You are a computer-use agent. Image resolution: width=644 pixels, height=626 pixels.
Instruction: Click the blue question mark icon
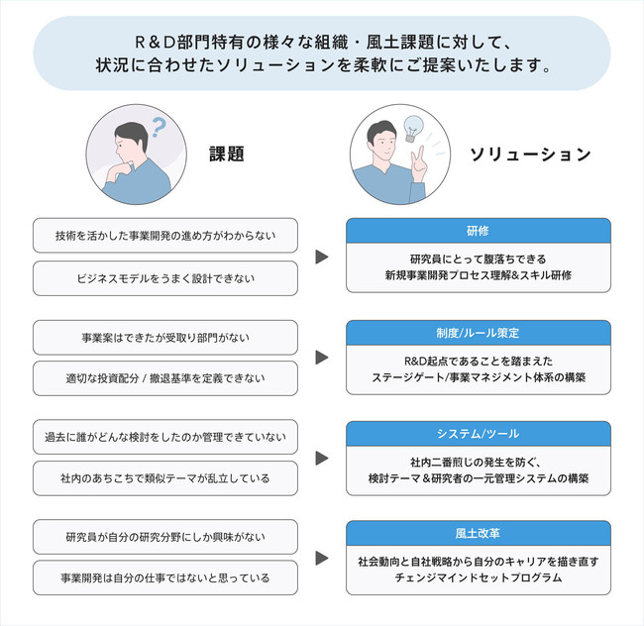(159, 127)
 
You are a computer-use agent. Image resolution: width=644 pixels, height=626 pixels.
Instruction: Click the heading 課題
(227, 154)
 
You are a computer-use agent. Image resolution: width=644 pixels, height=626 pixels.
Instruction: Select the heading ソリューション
(530, 155)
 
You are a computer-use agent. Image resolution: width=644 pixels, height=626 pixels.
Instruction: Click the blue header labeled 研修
(479, 231)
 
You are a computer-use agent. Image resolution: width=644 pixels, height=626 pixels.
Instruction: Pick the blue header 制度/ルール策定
(479, 333)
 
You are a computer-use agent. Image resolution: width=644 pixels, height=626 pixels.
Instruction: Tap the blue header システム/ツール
(479, 434)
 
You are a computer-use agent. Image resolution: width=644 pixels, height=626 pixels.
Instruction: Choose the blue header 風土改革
(479, 533)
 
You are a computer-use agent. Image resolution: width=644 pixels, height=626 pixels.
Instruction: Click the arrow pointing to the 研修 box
(322, 257)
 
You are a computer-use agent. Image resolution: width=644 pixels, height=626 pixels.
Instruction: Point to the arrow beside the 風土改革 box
(322, 558)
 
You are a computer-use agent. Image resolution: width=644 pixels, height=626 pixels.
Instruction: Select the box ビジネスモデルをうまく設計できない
(165, 278)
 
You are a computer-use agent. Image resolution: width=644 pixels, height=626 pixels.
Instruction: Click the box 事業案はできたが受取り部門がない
(165, 338)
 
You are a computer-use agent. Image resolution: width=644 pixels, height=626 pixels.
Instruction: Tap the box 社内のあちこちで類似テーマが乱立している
(165, 478)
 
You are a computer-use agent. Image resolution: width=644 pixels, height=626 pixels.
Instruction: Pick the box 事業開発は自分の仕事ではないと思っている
(165, 577)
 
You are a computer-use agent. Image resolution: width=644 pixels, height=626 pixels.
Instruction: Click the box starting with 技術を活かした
(165, 236)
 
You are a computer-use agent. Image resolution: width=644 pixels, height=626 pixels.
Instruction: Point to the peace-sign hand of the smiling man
(419, 164)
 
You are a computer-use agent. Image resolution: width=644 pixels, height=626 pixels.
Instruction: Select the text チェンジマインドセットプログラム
(479, 577)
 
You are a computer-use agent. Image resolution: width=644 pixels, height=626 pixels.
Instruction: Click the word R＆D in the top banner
(155, 43)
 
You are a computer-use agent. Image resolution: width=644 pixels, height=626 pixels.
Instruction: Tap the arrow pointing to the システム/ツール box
(322, 458)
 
